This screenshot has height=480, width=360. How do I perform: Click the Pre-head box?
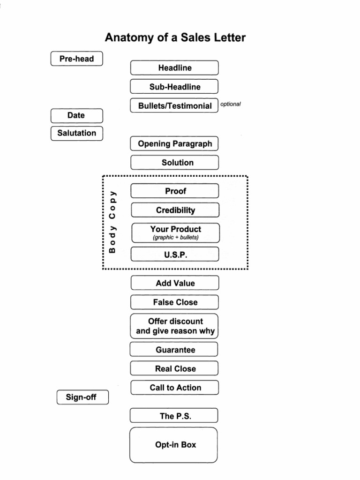[x=76, y=59]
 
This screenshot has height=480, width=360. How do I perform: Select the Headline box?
[x=174, y=68]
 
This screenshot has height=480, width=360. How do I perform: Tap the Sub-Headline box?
[x=174, y=87]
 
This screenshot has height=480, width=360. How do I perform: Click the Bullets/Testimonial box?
[x=174, y=106]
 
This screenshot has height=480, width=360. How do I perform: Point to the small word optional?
[x=230, y=104]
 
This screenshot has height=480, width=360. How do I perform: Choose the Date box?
[x=76, y=115]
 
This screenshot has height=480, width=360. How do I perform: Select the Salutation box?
[x=76, y=133]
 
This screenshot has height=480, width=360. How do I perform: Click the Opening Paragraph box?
[x=174, y=144]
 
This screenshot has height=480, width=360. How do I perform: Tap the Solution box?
[x=174, y=163]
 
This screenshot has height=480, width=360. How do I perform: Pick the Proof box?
[x=175, y=191]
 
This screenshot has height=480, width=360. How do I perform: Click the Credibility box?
[x=175, y=210]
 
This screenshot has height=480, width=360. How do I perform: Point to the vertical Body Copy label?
[x=112, y=221]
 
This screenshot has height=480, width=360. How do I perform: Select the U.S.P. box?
[x=175, y=255]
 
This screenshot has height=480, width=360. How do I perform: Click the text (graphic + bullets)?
[x=175, y=238]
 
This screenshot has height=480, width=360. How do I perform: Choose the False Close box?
[x=175, y=302]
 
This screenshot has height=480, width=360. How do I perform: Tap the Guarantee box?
[x=174, y=350]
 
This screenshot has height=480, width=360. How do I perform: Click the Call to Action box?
[x=175, y=388]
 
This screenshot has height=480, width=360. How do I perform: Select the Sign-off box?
[x=82, y=397]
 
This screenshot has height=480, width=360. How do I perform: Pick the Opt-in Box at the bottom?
[x=174, y=445]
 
